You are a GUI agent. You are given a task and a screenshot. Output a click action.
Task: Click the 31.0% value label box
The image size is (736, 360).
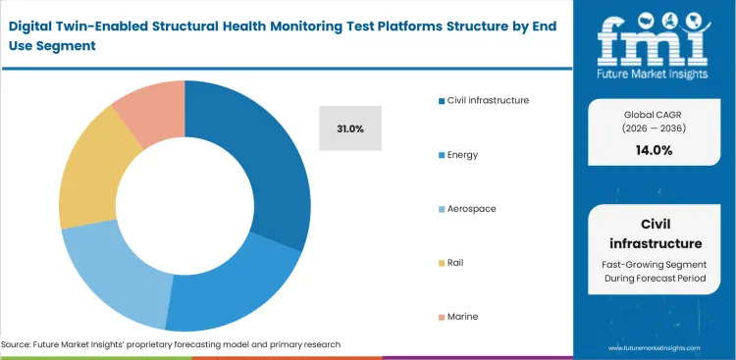(x=350, y=129)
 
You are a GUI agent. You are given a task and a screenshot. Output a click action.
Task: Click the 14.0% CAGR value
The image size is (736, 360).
(x=654, y=150)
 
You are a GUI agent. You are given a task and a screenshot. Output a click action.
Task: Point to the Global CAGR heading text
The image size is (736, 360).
(x=654, y=113)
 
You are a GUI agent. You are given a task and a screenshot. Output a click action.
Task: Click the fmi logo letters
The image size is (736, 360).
(x=654, y=38)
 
